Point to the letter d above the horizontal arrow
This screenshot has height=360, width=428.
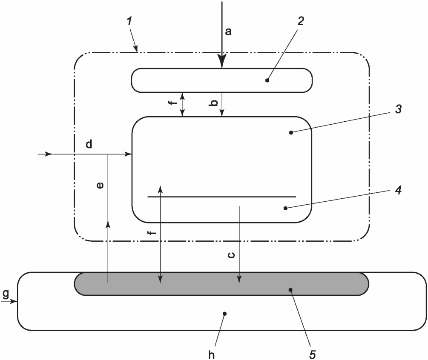[x=89, y=144]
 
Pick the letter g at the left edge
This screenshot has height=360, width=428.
[x=5, y=294]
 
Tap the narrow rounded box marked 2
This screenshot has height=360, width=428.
[x=179, y=80]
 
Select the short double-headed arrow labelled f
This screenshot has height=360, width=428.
[x=183, y=104]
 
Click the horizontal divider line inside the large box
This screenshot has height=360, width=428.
[x=221, y=197]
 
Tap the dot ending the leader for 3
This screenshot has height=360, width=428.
[x=291, y=133]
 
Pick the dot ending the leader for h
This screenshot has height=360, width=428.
[x=225, y=314]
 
